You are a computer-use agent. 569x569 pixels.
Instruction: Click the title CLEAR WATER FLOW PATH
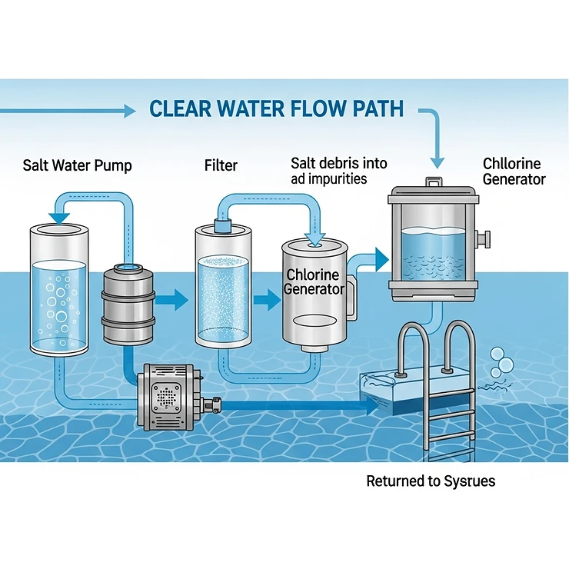(276, 108)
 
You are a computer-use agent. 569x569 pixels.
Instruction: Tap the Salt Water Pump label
(77, 165)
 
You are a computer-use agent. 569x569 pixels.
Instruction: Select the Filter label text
(221, 165)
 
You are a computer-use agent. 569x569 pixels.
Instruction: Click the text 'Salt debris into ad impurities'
(338, 171)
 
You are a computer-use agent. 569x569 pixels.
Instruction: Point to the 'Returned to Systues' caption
(431, 481)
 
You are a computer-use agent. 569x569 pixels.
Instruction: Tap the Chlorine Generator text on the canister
(314, 282)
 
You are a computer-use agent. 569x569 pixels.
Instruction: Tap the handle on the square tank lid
(434, 181)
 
